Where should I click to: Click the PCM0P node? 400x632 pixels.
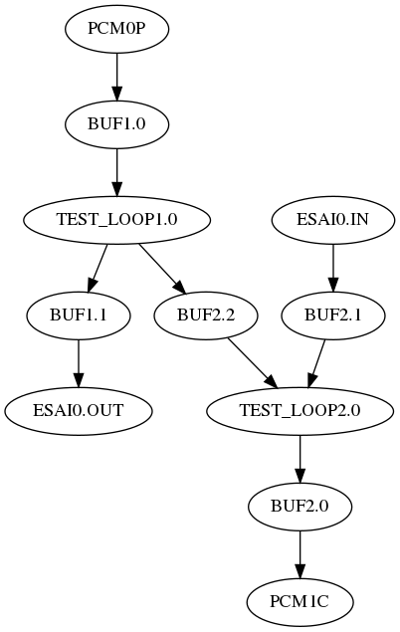[117, 28]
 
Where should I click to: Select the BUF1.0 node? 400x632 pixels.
[117, 123]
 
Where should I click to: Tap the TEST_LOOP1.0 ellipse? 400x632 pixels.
[117, 219]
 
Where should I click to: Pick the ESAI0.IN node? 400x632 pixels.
[332, 219]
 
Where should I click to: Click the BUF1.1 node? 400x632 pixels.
[79, 315]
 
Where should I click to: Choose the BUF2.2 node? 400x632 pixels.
[206, 315]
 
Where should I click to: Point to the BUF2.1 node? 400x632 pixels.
[332, 315]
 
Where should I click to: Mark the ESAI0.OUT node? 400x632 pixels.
[79, 410]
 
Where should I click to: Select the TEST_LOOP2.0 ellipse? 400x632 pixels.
[300, 410]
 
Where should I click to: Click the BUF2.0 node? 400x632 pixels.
[300, 506]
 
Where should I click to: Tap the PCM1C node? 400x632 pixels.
[300, 601]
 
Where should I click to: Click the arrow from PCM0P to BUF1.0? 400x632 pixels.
[117, 76]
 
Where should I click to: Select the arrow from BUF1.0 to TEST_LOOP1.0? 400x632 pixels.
[117, 171]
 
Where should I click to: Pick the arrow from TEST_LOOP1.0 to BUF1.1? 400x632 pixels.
[99, 267]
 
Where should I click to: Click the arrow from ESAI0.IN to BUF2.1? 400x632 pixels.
[332, 267]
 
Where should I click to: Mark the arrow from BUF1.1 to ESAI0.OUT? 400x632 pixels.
[79, 362]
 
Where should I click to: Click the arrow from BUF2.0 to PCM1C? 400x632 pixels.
[300, 553]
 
